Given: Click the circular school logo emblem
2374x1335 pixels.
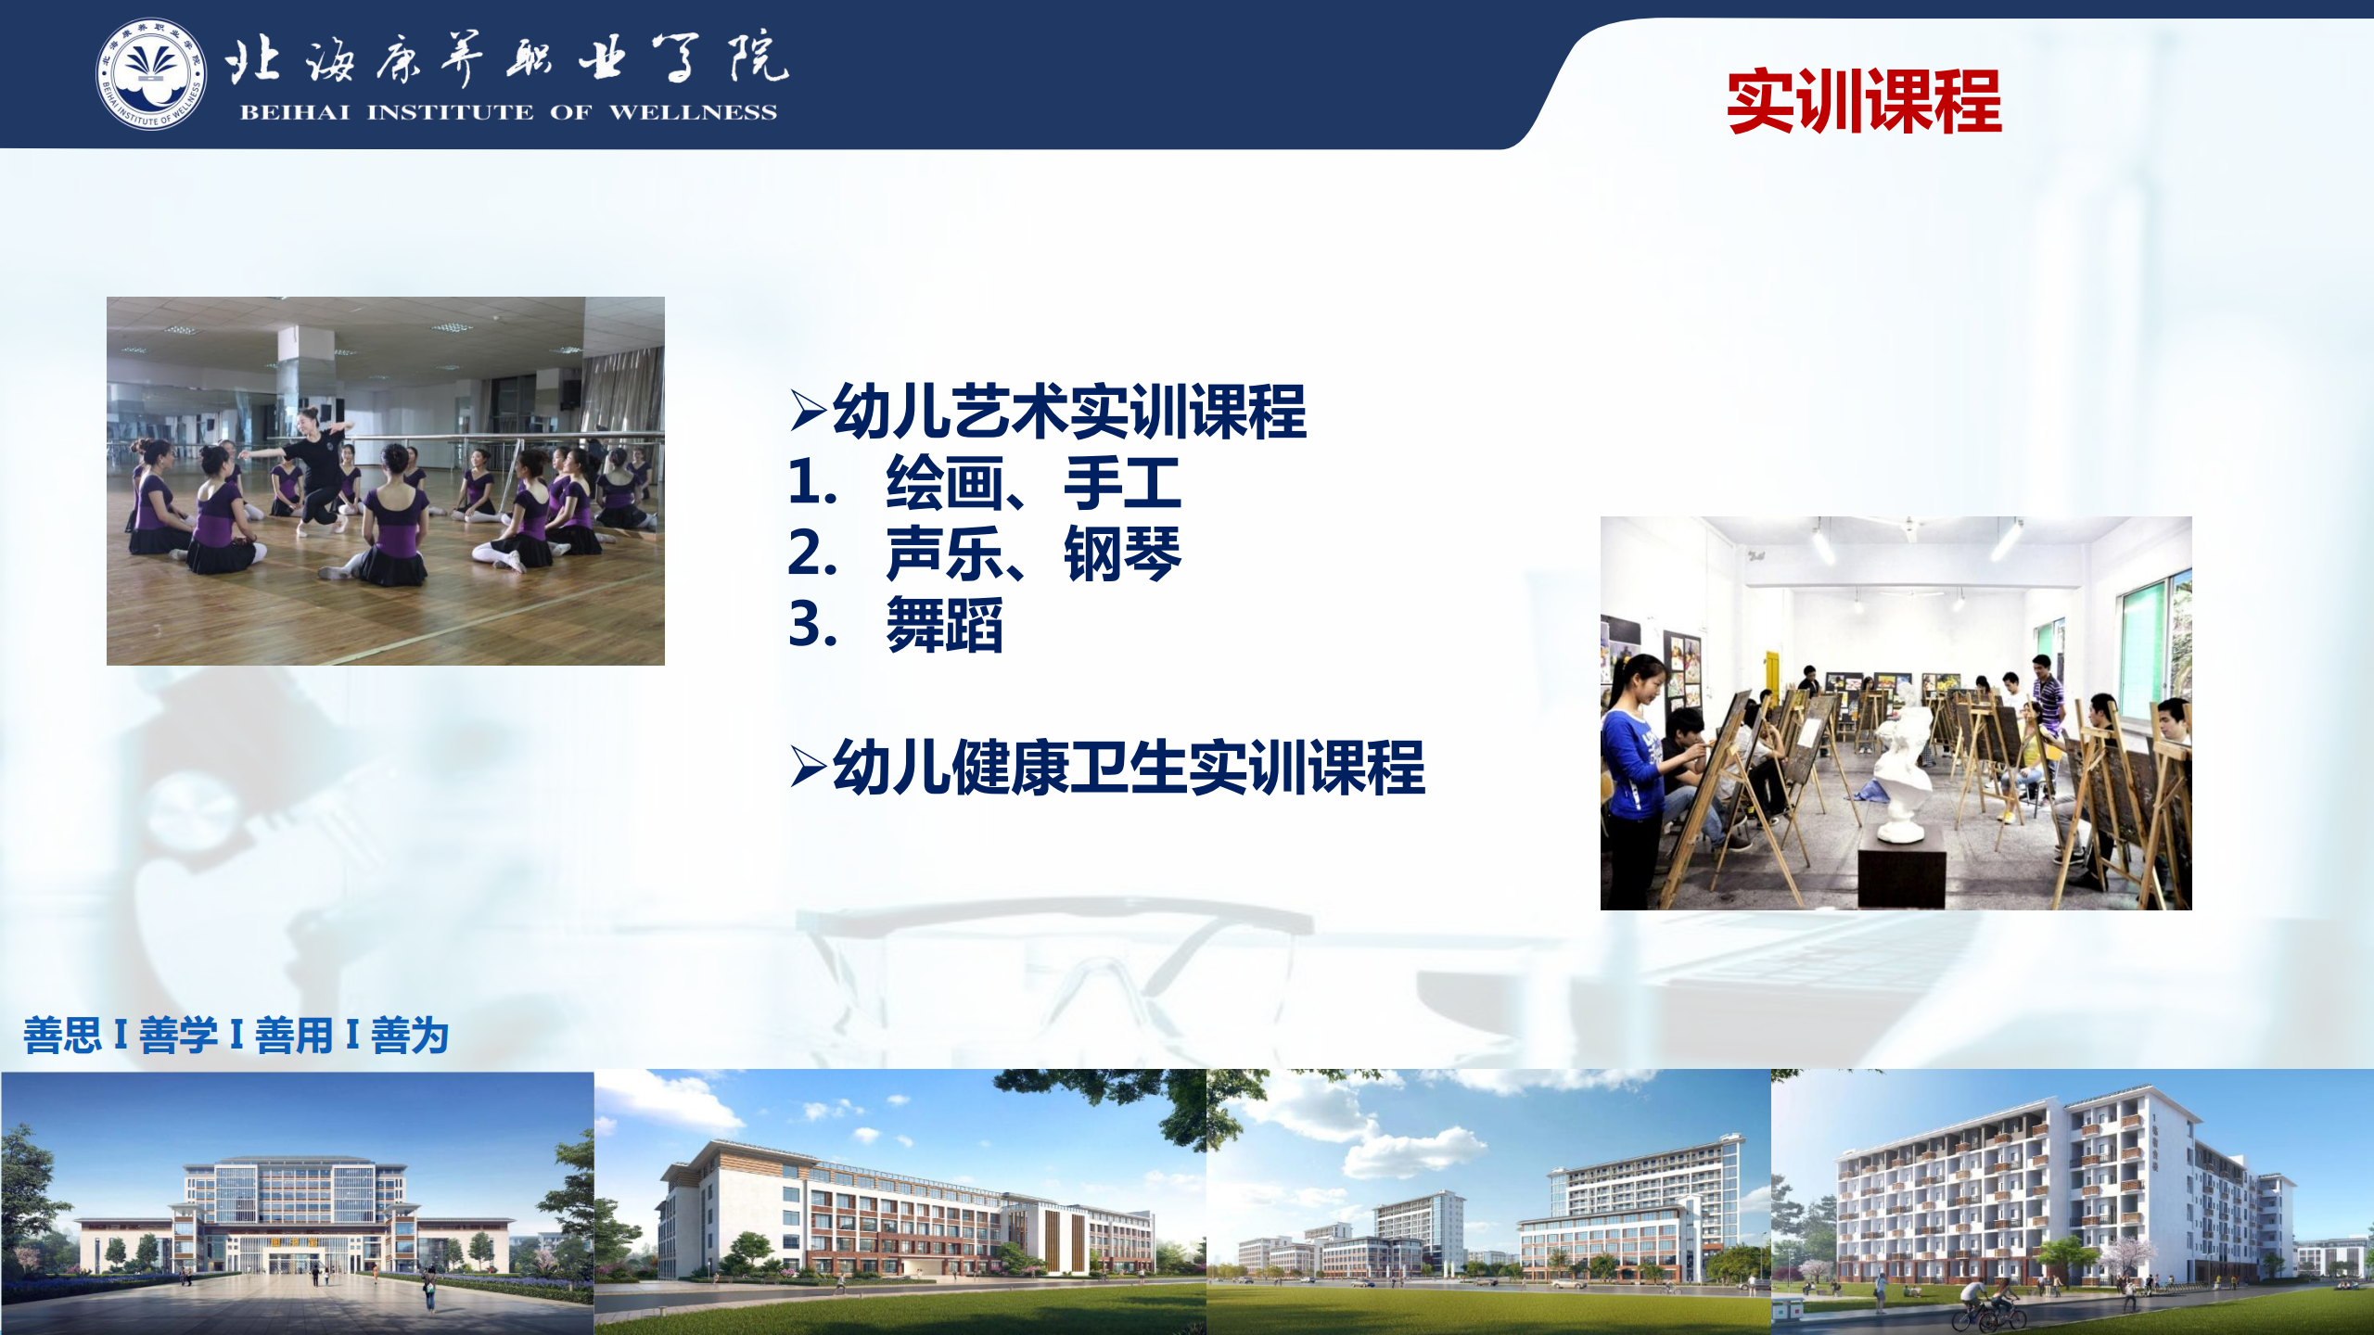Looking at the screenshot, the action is [151, 74].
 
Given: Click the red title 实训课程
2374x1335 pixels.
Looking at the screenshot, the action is [1864, 102].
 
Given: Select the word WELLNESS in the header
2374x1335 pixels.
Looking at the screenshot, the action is [693, 113].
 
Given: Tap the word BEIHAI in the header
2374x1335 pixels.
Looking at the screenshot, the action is [295, 113].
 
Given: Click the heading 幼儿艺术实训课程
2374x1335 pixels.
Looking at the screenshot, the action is [1069, 412].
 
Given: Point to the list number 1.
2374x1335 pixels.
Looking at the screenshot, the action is [811, 483].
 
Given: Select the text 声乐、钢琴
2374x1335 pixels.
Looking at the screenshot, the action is [1033, 553].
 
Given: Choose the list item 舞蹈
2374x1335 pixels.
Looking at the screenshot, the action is [944, 625].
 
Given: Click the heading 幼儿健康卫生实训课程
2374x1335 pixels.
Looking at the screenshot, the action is [1129, 768].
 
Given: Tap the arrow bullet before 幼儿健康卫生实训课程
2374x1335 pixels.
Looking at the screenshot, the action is [808, 768].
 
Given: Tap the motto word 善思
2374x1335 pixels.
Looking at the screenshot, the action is [62, 1036].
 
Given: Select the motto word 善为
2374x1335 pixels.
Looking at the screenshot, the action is [410, 1036].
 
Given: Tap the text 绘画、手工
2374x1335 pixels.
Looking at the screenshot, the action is [1033, 483].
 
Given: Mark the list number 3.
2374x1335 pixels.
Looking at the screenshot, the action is [812, 625].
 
